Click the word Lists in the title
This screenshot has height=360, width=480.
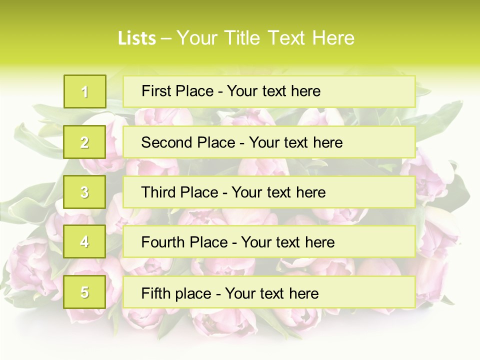[137, 38]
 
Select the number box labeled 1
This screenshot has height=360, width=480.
[85, 91]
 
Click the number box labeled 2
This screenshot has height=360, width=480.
[85, 142]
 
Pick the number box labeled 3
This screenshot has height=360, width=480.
[85, 192]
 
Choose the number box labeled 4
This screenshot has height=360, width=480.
[85, 242]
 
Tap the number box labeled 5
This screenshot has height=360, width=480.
[85, 292]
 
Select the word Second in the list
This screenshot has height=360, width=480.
[167, 142]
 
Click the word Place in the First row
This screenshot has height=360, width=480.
[194, 91]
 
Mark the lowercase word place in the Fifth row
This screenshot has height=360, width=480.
[192, 293]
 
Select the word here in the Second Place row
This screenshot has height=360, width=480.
[327, 142]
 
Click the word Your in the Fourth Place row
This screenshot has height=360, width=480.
[256, 242]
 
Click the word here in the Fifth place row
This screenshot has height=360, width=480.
[303, 293]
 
